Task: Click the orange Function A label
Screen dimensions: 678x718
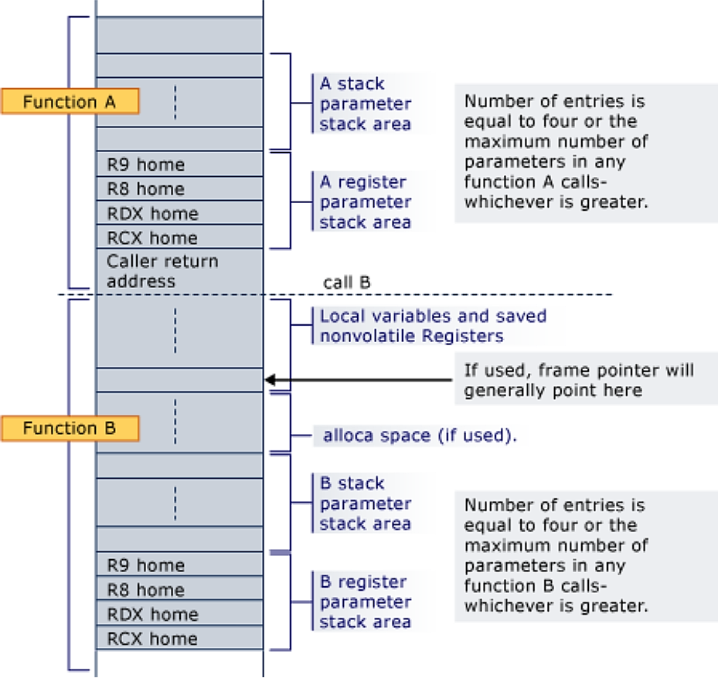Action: [70, 101]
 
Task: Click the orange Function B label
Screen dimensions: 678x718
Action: [70, 429]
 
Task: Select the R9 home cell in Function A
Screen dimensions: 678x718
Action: [179, 164]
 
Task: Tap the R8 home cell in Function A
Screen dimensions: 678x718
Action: [179, 189]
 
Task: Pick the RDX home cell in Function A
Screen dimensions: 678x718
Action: [179, 214]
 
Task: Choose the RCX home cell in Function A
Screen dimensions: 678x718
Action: [179, 238]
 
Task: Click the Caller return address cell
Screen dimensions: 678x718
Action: [179, 271]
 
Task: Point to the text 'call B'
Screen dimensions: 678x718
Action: [346, 283]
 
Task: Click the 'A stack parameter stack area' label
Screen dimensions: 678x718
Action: [366, 104]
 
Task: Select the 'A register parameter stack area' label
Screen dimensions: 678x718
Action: [366, 202]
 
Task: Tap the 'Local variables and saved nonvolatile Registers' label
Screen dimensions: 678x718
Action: [433, 326]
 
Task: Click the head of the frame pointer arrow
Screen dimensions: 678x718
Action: [268, 380]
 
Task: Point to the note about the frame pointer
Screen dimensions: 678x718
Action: [578, 380]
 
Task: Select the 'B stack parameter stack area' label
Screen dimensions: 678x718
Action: [366, 503]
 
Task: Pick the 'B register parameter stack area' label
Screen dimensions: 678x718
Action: [366, 602]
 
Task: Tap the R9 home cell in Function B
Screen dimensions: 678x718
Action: [179, 565]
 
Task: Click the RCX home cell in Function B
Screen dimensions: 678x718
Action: [179, 639]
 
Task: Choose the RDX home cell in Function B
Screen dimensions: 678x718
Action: [179, 615]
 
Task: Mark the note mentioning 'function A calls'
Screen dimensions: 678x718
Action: [554, 152]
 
